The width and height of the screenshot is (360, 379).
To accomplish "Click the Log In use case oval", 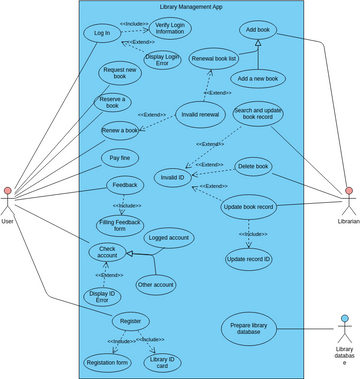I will tap(103, 33).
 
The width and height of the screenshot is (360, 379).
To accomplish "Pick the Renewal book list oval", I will tap(213, 60).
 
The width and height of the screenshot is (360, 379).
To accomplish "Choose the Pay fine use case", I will tap(117, 158).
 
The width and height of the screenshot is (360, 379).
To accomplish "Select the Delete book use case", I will tap(253, 166).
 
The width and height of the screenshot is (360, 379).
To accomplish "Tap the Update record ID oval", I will tap(248, 259).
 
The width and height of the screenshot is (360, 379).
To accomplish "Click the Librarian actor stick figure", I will tap(349, 196).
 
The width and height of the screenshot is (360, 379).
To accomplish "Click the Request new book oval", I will tap(121, 74).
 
